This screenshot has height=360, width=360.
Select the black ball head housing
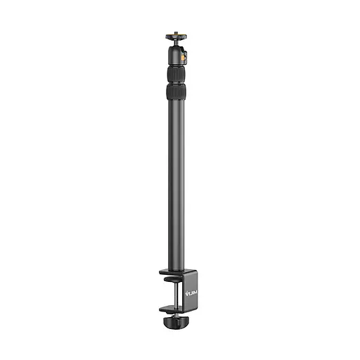click(x=174, y=53)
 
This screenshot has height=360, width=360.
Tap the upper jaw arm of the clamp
click(x=166, y=272)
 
